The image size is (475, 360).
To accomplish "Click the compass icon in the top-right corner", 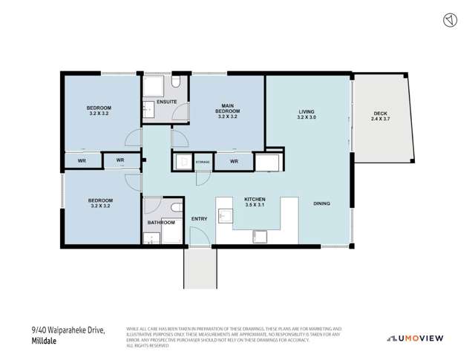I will pyautogui.click(x=448, y=21).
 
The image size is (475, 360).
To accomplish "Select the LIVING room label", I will pyautogui.click(x=307, y=114).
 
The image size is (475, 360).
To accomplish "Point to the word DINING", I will pyautogui.click(x=321, y=203).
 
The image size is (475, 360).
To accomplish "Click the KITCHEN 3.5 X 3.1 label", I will pyautogui.click(x=255, y=203).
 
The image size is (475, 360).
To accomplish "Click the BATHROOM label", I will pyautogui.click(x=161, y=222).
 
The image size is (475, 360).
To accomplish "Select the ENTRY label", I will pyautogui.click(x=200, y=218).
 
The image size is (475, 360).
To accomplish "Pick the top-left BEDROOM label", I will pyautogui.click(x=99, y=111).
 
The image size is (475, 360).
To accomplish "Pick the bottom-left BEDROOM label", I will pyautogui.click(x=100, y=203).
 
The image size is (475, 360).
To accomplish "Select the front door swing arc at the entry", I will pyautogui.click(x=198, y=238).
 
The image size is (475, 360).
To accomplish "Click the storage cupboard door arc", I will pyautogui.click(x=200, y=177).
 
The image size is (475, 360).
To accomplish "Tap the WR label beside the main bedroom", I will pyautogui.click(x=233, y=161).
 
